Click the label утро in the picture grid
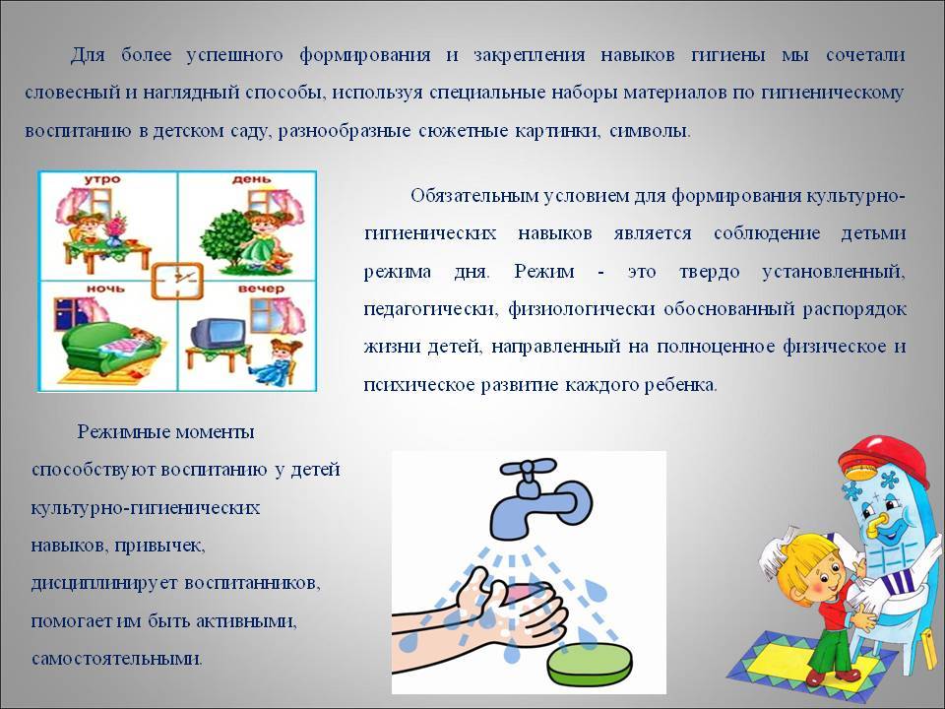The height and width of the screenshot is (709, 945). point(101,179)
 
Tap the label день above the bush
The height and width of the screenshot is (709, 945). point(251,179)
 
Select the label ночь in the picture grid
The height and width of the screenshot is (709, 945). point(105,289)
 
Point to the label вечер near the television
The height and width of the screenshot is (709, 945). point(260,289)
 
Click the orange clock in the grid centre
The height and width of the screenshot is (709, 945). point(177,281)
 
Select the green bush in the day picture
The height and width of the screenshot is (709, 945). point(226,239)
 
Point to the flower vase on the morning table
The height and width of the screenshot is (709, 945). point(114,230)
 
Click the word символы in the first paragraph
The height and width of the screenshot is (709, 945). point(650,131)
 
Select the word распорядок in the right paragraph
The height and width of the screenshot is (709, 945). point(854,310)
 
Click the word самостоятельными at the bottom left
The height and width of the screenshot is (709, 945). point(117,659)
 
